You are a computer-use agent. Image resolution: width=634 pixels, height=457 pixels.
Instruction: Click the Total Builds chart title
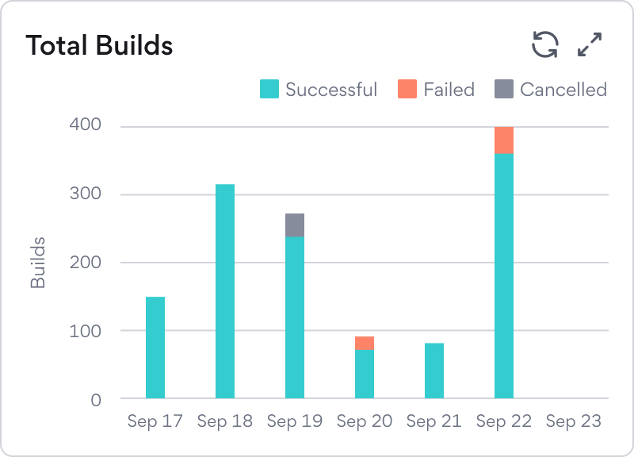(x=99, y=45)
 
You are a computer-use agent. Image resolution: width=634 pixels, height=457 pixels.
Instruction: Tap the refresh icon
(x=545, y=44)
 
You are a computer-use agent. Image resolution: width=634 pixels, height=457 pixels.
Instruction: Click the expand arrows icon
(x=590, y=44)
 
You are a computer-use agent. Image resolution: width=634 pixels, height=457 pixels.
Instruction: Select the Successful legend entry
(x=319, y=90)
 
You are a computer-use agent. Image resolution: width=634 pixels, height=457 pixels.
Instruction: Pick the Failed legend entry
(x=437, y=90)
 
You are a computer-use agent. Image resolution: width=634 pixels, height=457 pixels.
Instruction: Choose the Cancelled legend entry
(x=551, y=90)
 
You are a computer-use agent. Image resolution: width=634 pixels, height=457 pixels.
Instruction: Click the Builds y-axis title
(x=38, y=262)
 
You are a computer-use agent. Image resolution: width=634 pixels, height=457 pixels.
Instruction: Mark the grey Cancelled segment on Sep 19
(x=295, y=225)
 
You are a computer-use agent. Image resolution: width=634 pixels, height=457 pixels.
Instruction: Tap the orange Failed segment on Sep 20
(x=365, y=343)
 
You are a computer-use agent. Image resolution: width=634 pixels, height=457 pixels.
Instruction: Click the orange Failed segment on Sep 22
(x=504, y=140)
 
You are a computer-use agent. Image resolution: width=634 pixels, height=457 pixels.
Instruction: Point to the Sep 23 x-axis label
(x=574, y=421)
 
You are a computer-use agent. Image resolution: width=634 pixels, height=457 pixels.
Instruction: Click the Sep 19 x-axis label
(x=295, y=421)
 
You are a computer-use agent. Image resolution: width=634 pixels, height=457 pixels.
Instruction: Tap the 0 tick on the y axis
(x=95, y=399)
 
